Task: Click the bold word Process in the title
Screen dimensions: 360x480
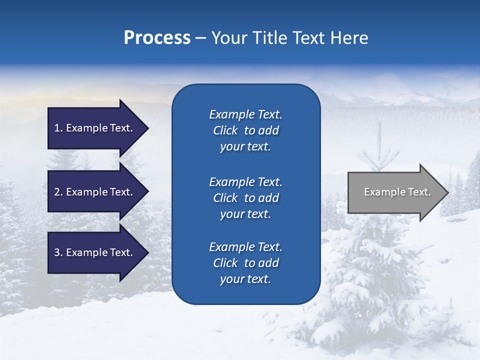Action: click(157, 38)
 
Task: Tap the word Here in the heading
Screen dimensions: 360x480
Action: click(349, 38)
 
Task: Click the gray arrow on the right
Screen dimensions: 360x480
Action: click(395, 192)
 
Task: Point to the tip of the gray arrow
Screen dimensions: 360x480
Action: click(447, 192)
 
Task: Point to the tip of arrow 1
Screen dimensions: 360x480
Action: click(148, 128)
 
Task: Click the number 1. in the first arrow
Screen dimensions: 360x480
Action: click(58, 128)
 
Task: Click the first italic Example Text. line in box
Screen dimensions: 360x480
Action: click(245, 114)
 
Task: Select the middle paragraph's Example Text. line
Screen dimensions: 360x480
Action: click(245, 182)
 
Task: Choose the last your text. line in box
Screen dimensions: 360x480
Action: click(245, 279)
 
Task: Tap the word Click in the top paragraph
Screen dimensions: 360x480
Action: click(225, 130)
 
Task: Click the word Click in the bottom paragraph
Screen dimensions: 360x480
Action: click(225, 263)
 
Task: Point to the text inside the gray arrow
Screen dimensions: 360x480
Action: click(397, 192)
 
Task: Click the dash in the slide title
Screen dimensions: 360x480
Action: click(200, 38)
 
